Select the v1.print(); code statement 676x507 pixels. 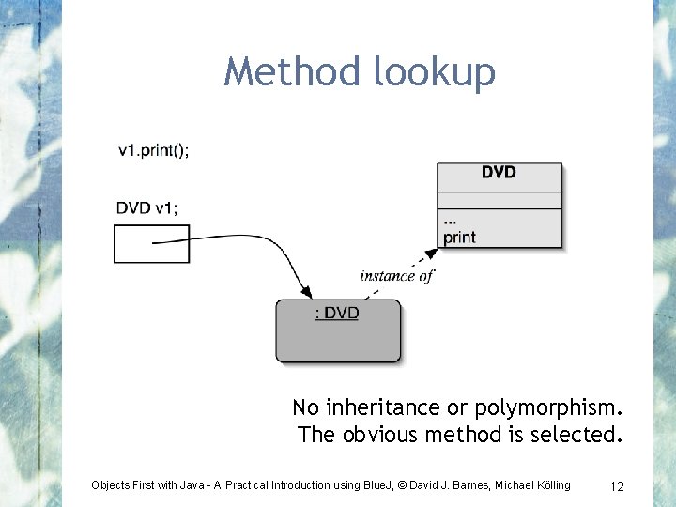153,150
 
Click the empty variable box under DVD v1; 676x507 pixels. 151,243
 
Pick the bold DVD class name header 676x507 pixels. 499,173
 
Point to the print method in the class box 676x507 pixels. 460,237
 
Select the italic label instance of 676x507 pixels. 396,276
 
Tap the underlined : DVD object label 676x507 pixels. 336,314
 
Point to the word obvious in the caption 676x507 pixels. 388,435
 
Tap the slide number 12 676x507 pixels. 617,485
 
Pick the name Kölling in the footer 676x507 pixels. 547,485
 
